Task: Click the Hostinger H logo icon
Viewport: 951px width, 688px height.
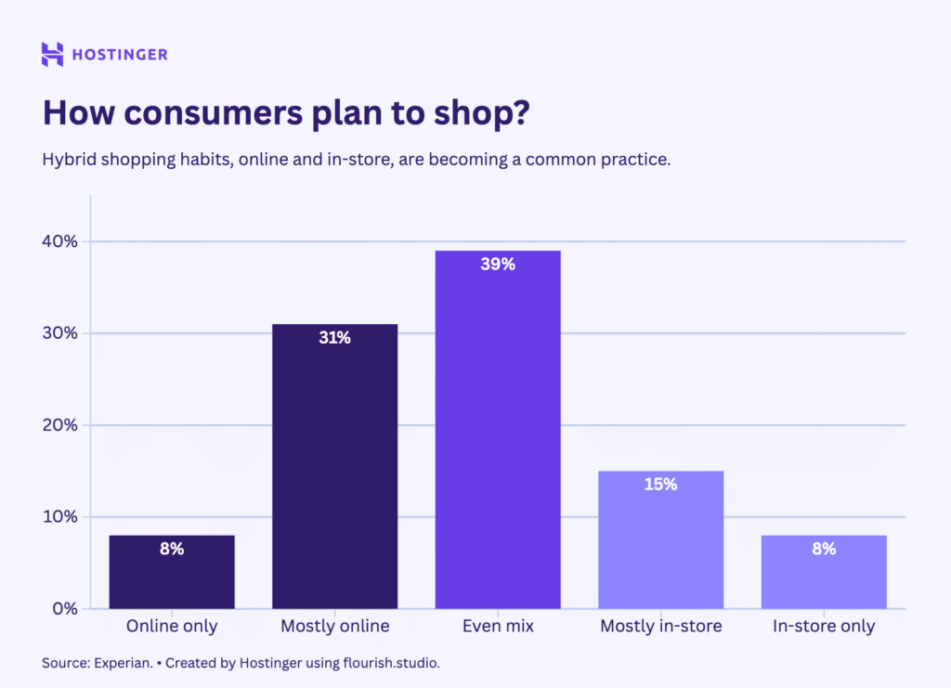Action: click(x=53, y=54)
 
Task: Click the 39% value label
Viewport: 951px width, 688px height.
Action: click(x=498, y=265)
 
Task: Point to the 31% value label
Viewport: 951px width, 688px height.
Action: click(x=334, y=338)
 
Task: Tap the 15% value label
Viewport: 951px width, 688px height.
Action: click(x=660, y=485)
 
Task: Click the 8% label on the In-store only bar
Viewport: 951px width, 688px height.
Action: click(x=824, y=549)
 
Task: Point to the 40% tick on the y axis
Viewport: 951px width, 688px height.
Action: click(x=59, y=241)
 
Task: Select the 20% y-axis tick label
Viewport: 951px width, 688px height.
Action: click(x=59, y=425)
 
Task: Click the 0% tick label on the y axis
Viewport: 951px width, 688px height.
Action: click(x=63, y=609)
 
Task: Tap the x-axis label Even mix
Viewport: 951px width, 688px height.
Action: click(x=498, y=627)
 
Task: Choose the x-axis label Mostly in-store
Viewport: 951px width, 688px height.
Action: click(x=660, y=627)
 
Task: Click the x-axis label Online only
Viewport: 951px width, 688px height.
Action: click(x=172, y=627)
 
